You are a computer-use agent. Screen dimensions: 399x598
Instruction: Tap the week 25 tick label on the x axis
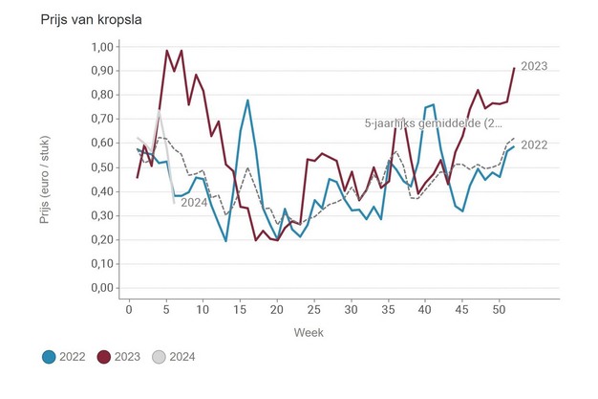313,307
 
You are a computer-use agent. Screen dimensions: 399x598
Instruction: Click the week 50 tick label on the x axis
498,307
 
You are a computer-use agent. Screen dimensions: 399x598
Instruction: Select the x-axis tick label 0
130,307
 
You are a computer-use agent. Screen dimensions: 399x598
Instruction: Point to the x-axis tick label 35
387,307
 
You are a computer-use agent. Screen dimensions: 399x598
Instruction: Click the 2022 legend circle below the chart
50,357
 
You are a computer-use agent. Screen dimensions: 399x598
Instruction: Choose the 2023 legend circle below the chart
105,357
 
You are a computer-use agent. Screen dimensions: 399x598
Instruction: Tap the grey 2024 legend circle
160,357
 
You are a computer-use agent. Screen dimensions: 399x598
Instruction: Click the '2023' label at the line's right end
535,66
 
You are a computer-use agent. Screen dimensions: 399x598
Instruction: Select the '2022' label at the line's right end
535,144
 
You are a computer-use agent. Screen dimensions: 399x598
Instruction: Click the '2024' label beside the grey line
195,202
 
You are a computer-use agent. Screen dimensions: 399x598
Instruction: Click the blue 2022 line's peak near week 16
247,100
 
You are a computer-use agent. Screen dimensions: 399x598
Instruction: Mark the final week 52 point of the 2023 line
514,68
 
